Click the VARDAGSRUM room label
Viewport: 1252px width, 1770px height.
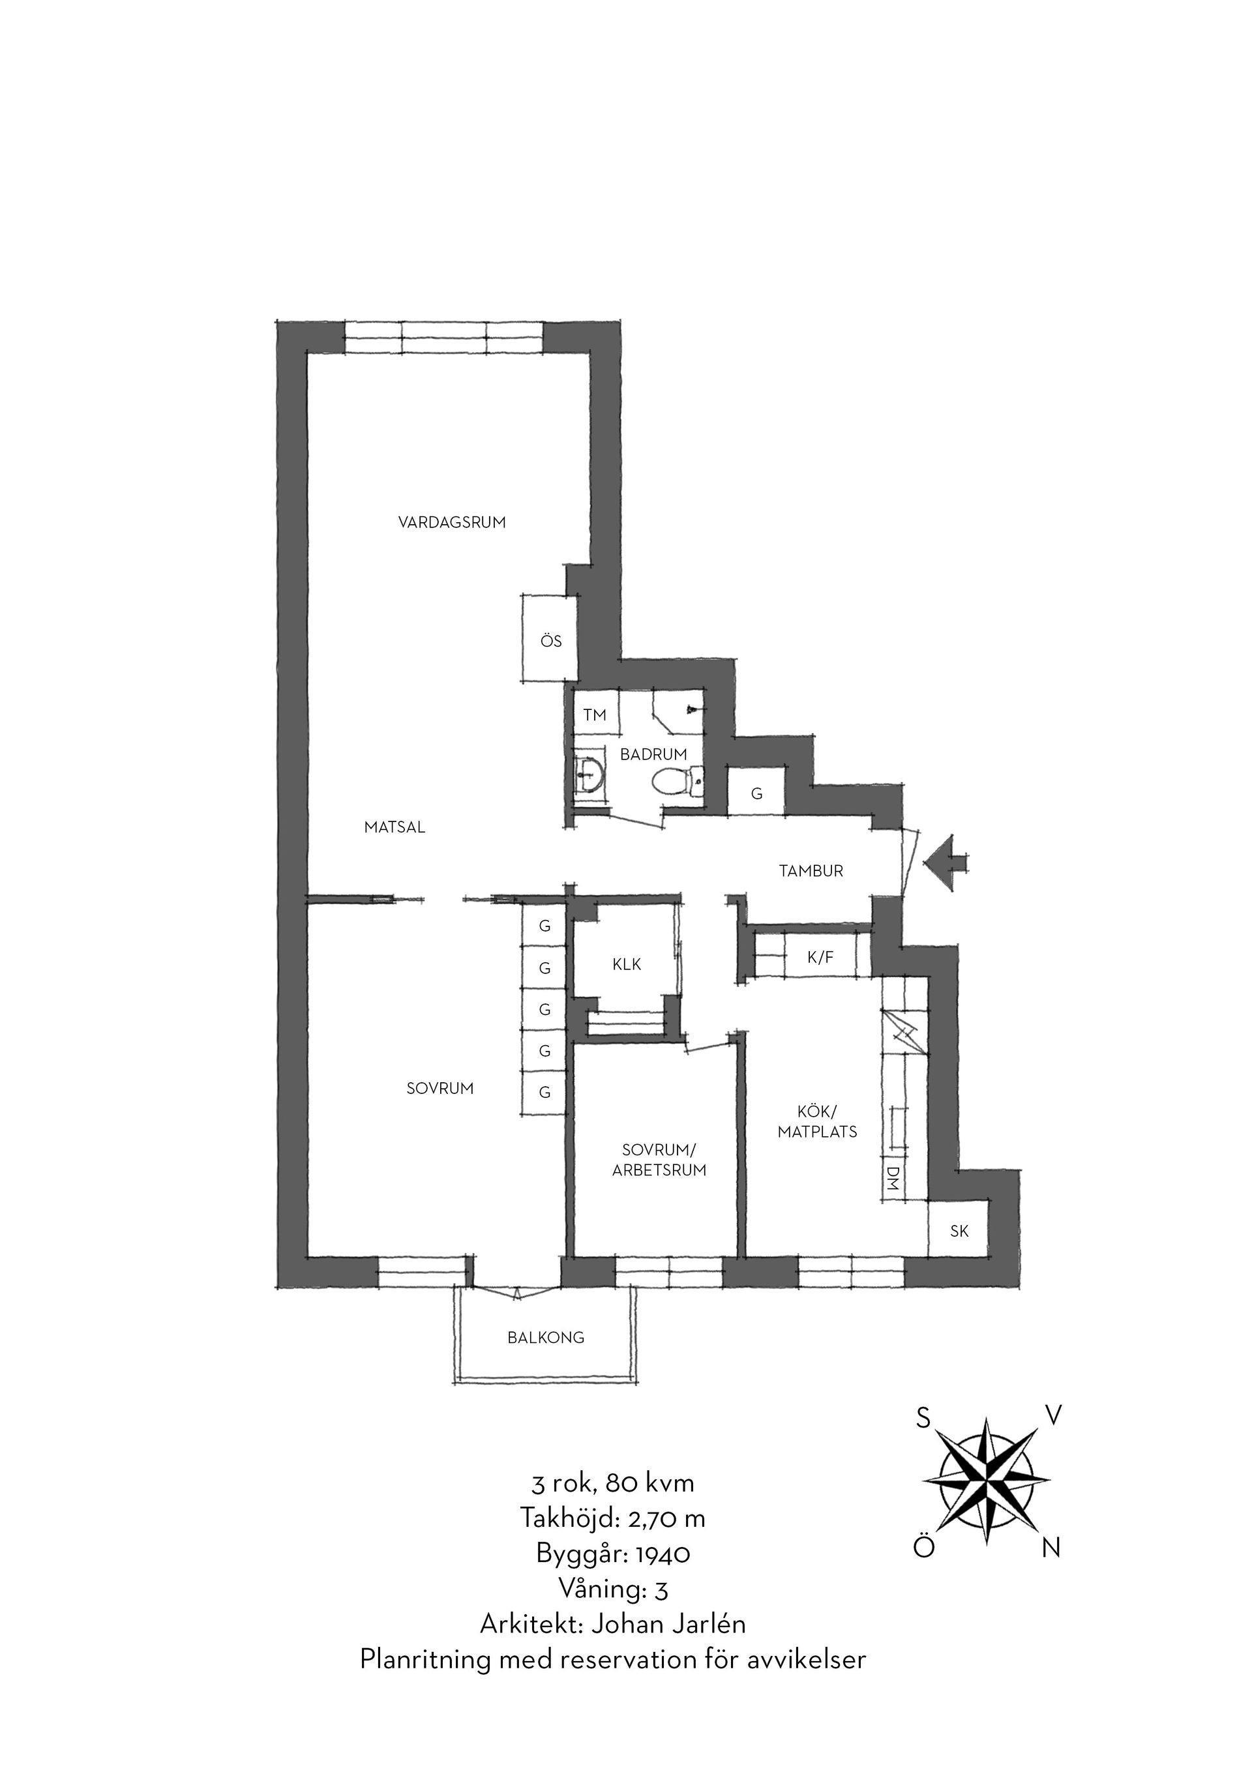pos(452,522)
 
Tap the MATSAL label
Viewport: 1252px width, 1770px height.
pos(395,828)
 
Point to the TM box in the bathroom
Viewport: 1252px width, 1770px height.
pos(595,715)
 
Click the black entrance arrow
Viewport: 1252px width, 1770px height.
pos(946,863)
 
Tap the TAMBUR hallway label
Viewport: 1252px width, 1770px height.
pos(811,871)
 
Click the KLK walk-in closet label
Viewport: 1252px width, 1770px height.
pos(627,964)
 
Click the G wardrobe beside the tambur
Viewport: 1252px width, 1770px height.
pos(756,793)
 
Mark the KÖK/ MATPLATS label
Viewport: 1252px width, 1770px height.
pos(817,1122)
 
